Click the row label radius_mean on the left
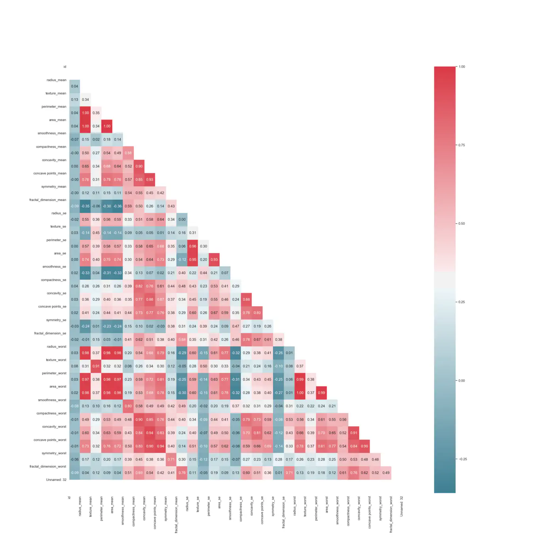(56, 80)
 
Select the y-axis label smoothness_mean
(52, 133)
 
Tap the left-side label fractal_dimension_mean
(47, 200)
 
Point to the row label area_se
(60, 253)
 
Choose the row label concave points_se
(52, 307)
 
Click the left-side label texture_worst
(56, 360)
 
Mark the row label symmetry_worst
(54, 453)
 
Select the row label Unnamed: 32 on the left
(56, 480)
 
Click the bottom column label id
(69, 498)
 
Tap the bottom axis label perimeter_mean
(101, 508)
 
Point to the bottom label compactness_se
(241, 509)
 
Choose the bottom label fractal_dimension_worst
(391, 514)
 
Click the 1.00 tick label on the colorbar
(462, 66)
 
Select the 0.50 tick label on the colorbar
(462, 224)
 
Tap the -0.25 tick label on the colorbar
(463, 459)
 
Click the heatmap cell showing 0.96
(193, 246)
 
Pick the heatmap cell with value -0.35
(85, 206)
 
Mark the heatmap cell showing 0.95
(193, 260)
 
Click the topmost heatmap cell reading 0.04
(74, 86)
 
